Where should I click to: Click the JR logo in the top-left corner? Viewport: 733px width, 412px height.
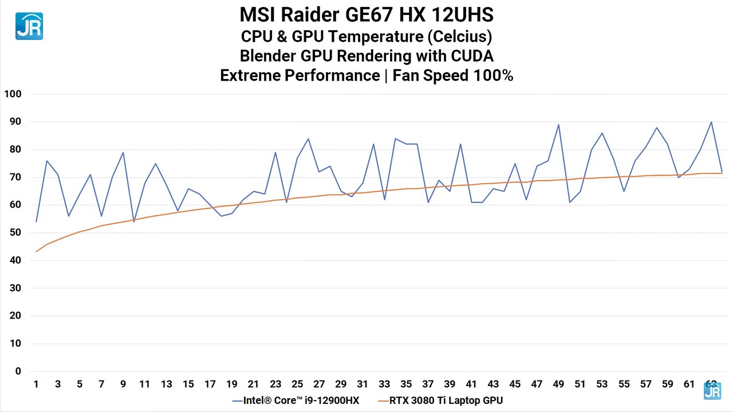(x=29, y=26)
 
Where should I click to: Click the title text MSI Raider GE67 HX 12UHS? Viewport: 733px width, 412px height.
(x=366, y=14)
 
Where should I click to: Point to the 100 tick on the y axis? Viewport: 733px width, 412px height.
(x=12, y=94)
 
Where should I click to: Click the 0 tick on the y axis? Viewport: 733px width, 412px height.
(x=18, y=371)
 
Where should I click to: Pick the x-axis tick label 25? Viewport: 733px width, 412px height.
(x=297, y=384)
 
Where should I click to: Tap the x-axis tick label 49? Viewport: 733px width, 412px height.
(x=558, y=384)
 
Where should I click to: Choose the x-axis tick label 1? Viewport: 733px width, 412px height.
(x=36, y=384)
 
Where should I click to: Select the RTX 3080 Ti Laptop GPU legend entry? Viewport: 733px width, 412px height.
(x=440, y=401)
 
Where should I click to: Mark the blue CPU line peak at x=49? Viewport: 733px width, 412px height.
(x=558, y=125)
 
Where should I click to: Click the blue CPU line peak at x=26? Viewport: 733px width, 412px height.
(x=308, y=138)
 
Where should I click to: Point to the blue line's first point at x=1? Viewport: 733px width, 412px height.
(x=36, y=221)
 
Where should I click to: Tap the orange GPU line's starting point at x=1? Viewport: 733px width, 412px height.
(x=36, y=252)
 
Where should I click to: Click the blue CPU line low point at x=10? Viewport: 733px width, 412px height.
(x=134, y=221)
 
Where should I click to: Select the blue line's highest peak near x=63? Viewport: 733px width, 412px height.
(x=711, y=122)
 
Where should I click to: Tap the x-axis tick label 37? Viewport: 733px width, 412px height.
(x=428, y=384)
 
